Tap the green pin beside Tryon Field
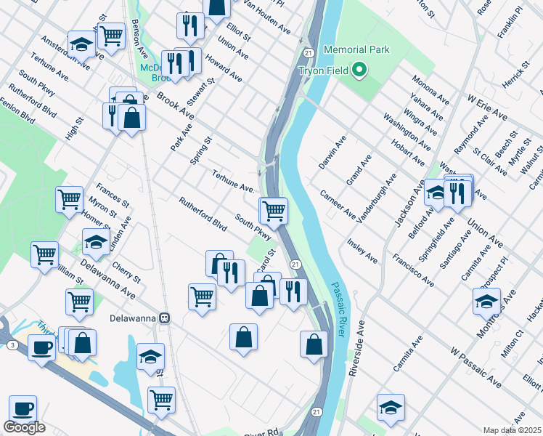pos(359,70)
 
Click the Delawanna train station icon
pos(166,318)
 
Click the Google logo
pos(24,427)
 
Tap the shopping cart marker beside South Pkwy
pos(273,211)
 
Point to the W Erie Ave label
pos(487,106)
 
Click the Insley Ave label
pos(362,250)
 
